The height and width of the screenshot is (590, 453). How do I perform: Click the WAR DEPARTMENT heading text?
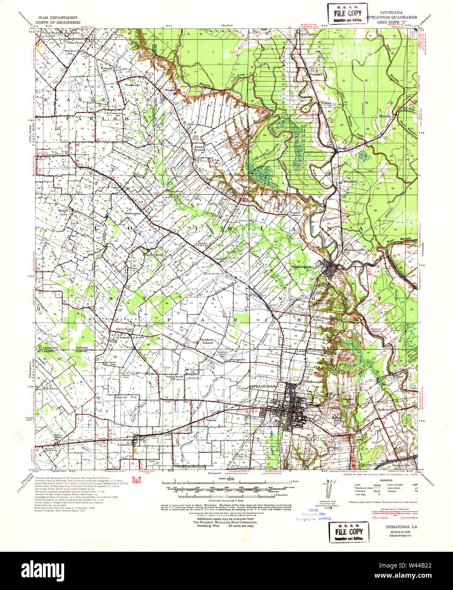click(57, 18)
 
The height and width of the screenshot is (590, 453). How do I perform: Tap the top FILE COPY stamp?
click(348, 14)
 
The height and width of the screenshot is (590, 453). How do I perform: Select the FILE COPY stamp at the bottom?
click(348, 532)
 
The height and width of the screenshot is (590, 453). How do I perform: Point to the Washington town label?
click(301, 267)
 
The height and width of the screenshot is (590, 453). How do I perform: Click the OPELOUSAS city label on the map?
click(262, 386)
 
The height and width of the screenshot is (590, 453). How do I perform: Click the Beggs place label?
click(343, 148)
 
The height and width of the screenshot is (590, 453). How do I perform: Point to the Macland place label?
click(350, 181)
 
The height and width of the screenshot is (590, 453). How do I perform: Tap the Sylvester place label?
click(133, 214)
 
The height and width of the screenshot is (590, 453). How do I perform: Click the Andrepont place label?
click(154, 255)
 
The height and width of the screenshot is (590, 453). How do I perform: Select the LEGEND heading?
click(386, 480)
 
